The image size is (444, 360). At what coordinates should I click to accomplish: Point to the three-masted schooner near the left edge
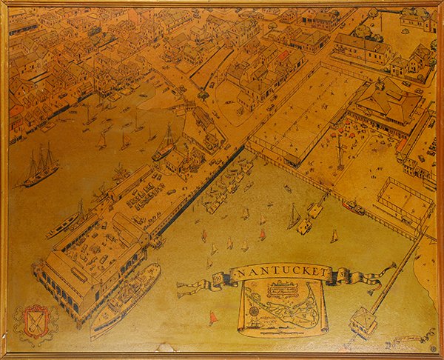coord(41,167)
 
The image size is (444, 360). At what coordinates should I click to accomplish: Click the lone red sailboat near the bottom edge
coord(214,319)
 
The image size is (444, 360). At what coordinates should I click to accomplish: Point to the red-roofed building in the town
coord(283,56)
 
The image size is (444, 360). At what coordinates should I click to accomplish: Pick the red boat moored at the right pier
coord(354,208)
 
